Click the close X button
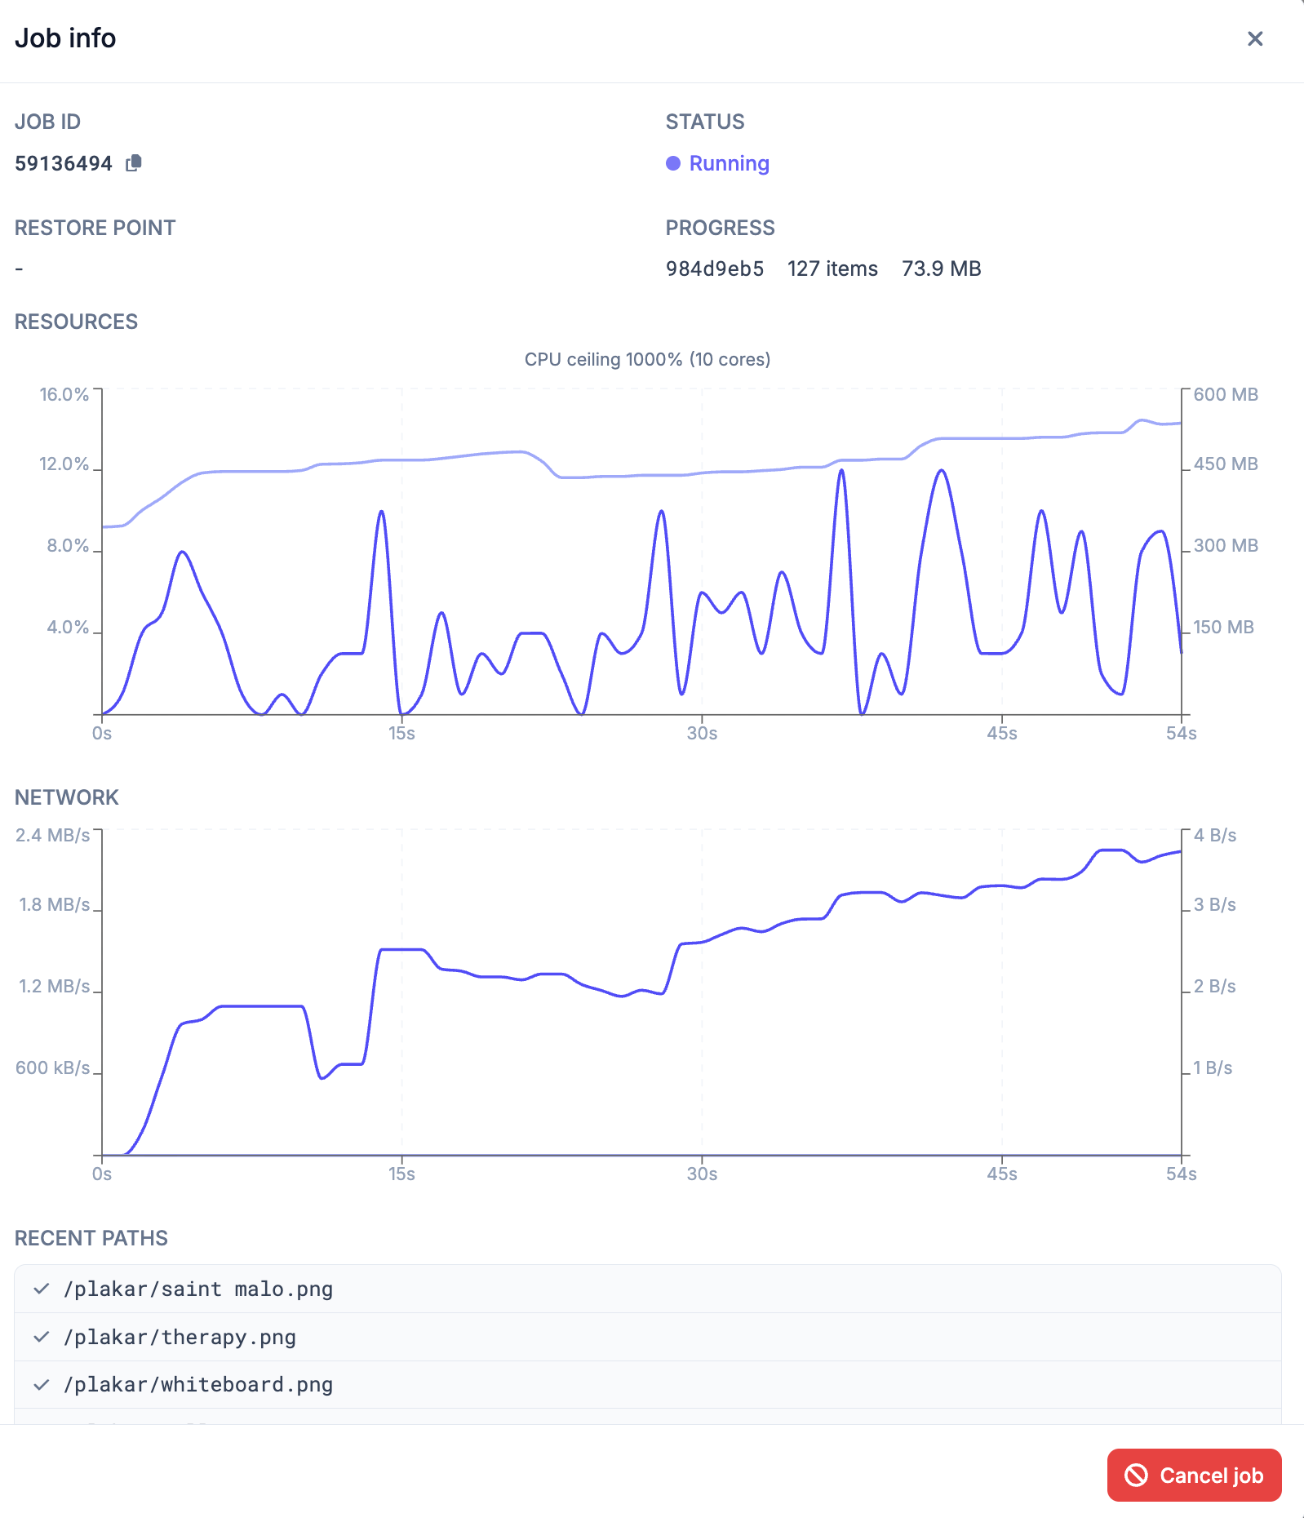point(1255,38)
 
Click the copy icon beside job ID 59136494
point(134,163)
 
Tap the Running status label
point(729,163)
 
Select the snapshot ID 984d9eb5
point(715,269)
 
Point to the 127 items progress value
point(832,269)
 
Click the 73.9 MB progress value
point(942,269)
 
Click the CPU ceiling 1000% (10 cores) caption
point(647,359)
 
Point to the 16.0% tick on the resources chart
point(64,394)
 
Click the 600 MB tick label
point(1226,394)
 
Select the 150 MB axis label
point(1223,627)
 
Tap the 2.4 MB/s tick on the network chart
point(53,835)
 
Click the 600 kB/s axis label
point(53,1067)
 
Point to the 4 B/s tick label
point(1215,835)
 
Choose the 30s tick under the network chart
point(702,1174)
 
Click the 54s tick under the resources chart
point(1182,733)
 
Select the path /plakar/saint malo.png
point(198,1289)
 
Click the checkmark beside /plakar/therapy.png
point(42,1337)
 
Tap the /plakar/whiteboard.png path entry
point(198,1384)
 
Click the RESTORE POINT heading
point(95,228)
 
